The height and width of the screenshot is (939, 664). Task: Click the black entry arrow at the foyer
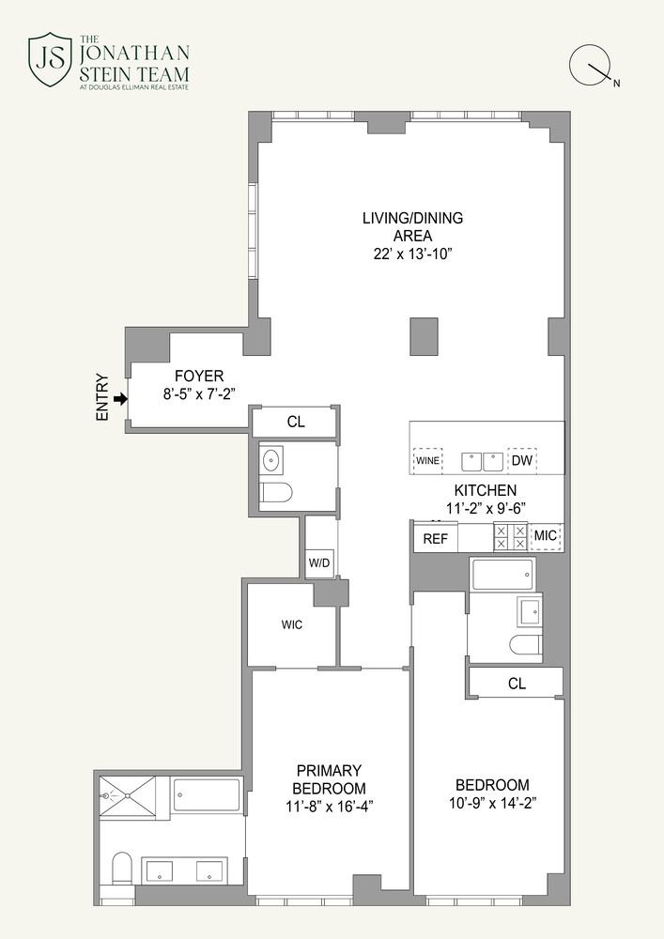[119, 399]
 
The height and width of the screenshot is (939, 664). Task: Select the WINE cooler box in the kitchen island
[427, 462]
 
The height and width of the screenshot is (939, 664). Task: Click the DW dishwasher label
[521, 461]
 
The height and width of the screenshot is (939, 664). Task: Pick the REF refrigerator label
[435, 538]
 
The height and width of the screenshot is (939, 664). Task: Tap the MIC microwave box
[546, 538]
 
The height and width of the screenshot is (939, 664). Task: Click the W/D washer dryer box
[319, 562]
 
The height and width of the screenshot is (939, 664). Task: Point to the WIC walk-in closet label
[291, 624]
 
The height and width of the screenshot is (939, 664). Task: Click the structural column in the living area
[425, 337]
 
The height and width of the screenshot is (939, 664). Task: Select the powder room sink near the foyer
[273, 460]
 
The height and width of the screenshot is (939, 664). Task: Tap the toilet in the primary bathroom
[122, 868]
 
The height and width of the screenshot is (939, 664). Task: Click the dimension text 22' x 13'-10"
[413, 254]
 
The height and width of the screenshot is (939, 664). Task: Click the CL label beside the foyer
[296, 423]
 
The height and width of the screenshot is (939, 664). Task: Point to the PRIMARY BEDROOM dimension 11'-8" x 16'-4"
[329, 805]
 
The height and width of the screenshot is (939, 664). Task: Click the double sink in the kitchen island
[483, 462]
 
